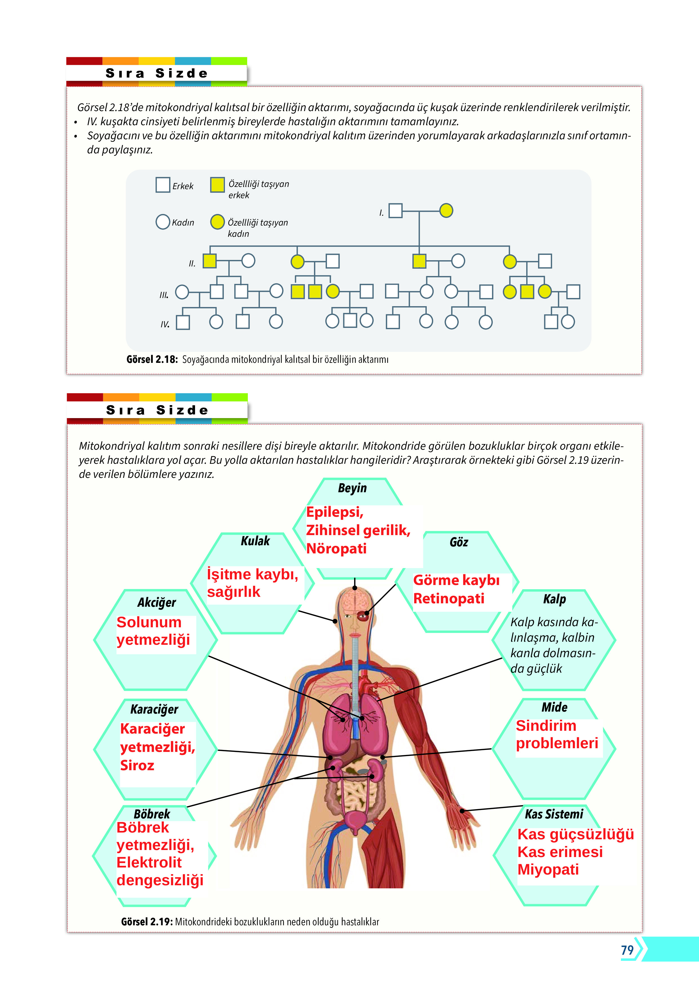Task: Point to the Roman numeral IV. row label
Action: pos(165,324)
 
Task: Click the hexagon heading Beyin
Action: pos(352,488)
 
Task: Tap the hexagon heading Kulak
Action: pos(255,541)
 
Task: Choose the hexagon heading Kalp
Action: pos(554,599)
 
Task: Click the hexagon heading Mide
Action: pos(554,707)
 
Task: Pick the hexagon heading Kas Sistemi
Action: pos(554,814)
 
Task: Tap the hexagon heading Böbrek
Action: pos(152,814)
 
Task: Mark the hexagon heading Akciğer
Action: pos(156,602)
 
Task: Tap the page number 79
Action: pos(627,950)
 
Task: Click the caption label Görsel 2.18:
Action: pos(152,359)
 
